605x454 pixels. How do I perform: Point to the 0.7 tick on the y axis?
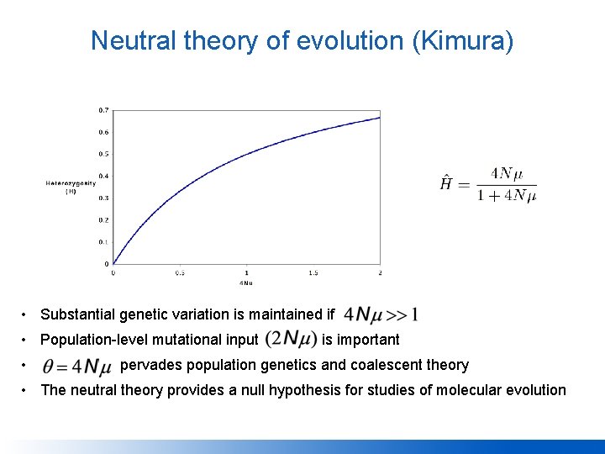click(103, 110)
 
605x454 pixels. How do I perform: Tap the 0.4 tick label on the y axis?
click(103, 176)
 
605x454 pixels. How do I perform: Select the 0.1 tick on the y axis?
click(103, 242)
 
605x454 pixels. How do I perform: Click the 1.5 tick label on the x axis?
click(313, 272)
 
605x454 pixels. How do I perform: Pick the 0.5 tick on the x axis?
click(180, 272)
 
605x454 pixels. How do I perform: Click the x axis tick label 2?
click(380, 272)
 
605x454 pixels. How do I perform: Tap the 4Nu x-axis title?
click(246, 283)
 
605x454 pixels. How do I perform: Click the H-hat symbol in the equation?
click(447, 182)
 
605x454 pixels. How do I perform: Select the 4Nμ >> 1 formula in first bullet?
click(381, 315)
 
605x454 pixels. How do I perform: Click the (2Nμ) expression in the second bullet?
click(290, 340)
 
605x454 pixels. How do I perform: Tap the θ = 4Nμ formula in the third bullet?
click(76, 366)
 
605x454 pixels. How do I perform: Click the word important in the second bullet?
click(368, 340)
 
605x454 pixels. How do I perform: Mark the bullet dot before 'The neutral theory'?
click(28, 390)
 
